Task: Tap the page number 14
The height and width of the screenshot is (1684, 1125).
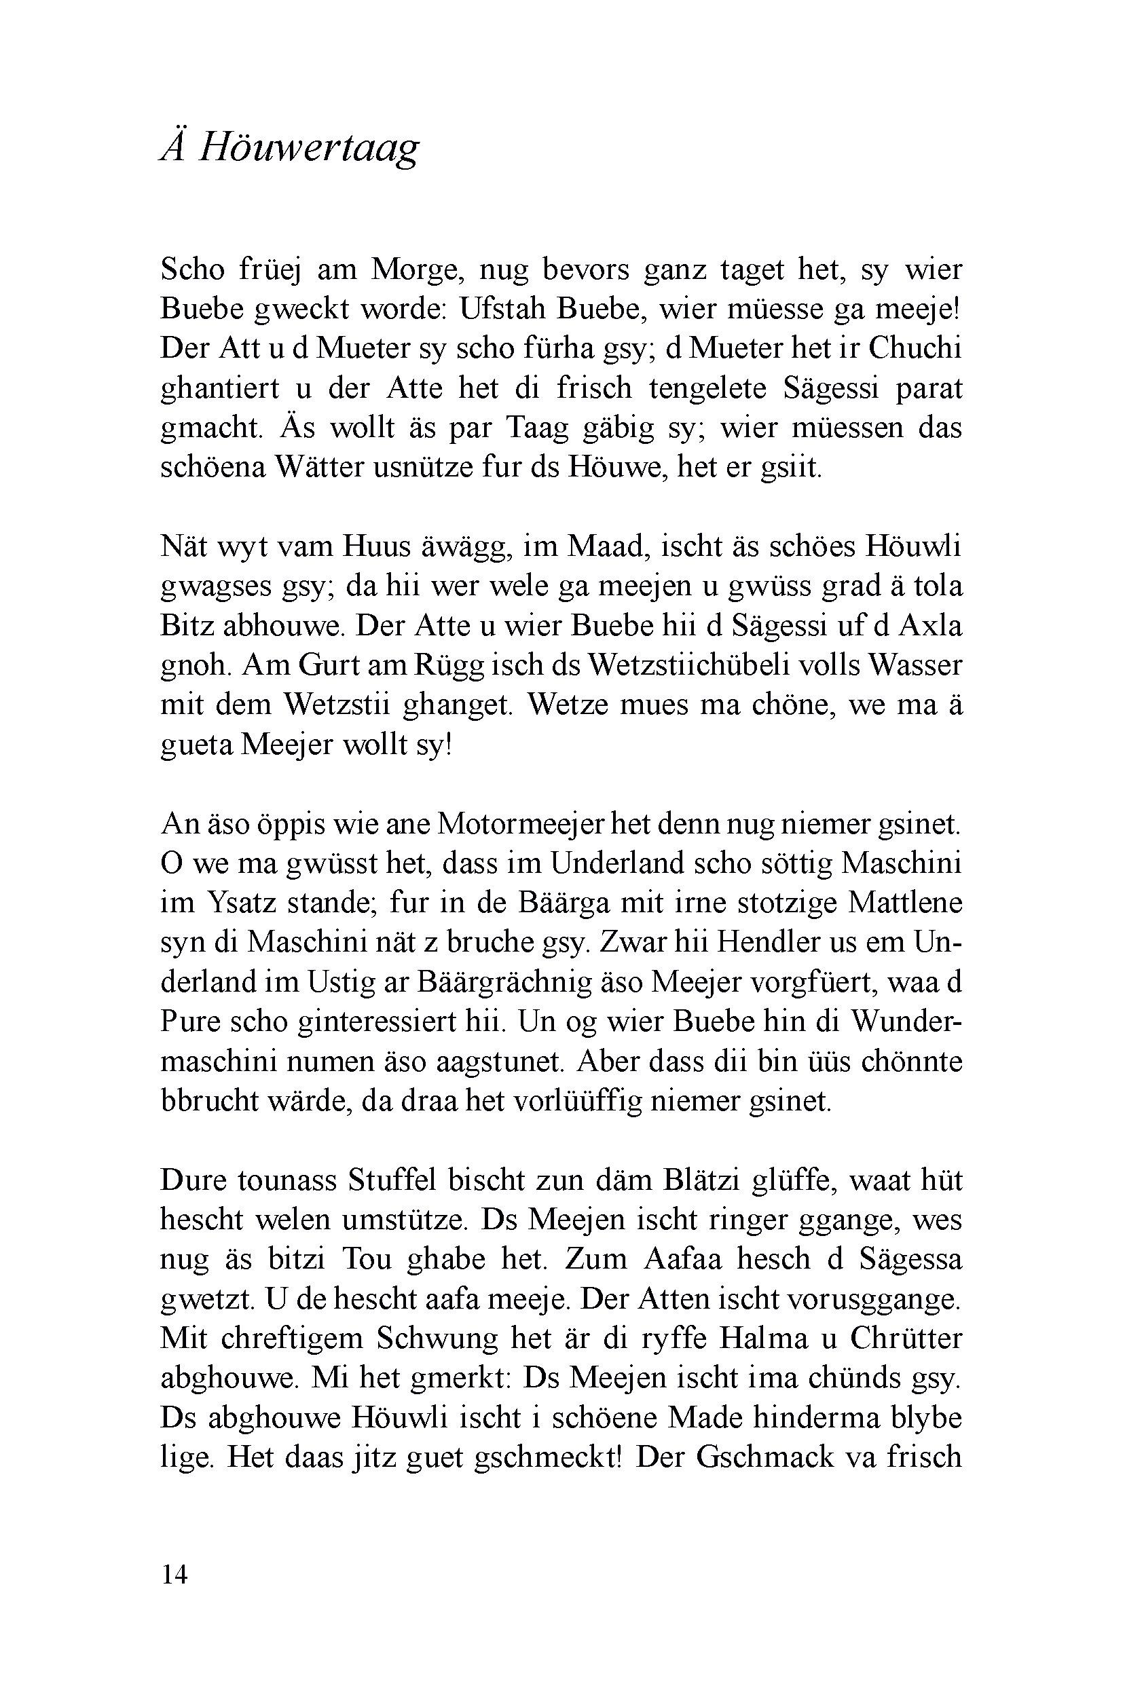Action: click(x=174, y=1575)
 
